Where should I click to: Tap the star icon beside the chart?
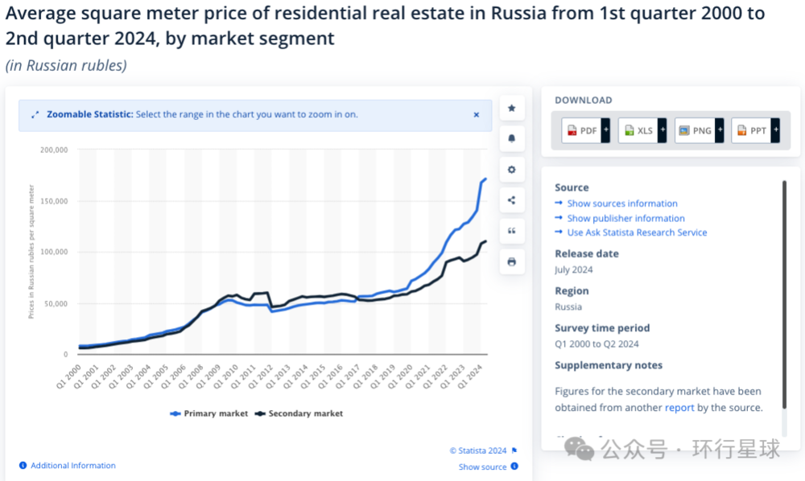511,108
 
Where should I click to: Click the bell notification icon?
511,138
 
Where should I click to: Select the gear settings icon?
511,170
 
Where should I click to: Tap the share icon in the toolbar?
511,200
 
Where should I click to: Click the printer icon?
511,261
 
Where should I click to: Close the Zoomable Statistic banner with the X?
476,115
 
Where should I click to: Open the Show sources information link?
622,203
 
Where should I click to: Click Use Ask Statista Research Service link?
637,232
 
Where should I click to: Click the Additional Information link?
72,466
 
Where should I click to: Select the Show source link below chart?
483,467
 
